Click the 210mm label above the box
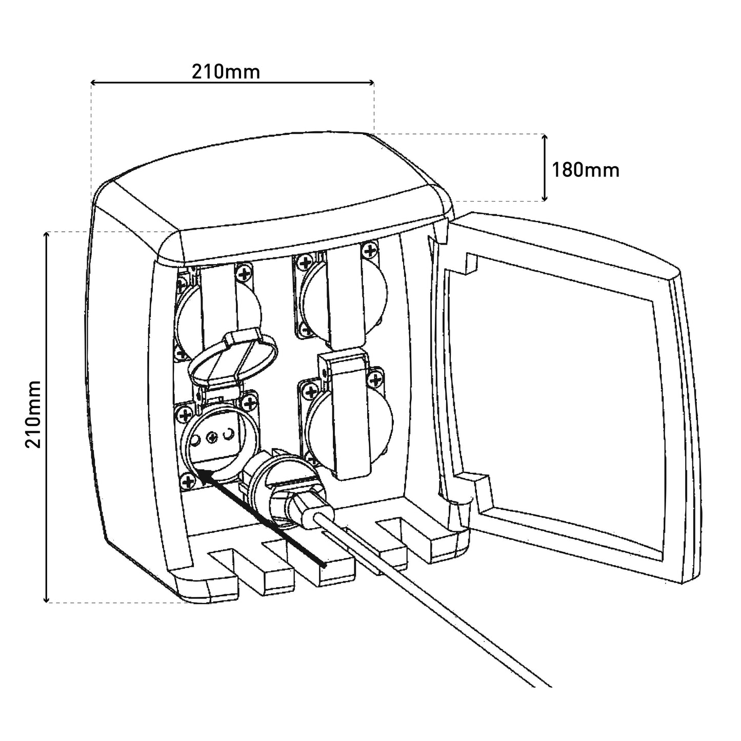tap(226, 71)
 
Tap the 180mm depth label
tap(586, 170)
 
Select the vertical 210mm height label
tap(33, 414)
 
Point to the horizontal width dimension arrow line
tap(232, 82)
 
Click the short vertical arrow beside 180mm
tap(544, 168)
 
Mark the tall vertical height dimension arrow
tap(47, 417)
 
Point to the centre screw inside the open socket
tap(212, 436)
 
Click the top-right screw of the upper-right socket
tap(370, 251)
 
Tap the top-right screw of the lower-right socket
tap(374, 380)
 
